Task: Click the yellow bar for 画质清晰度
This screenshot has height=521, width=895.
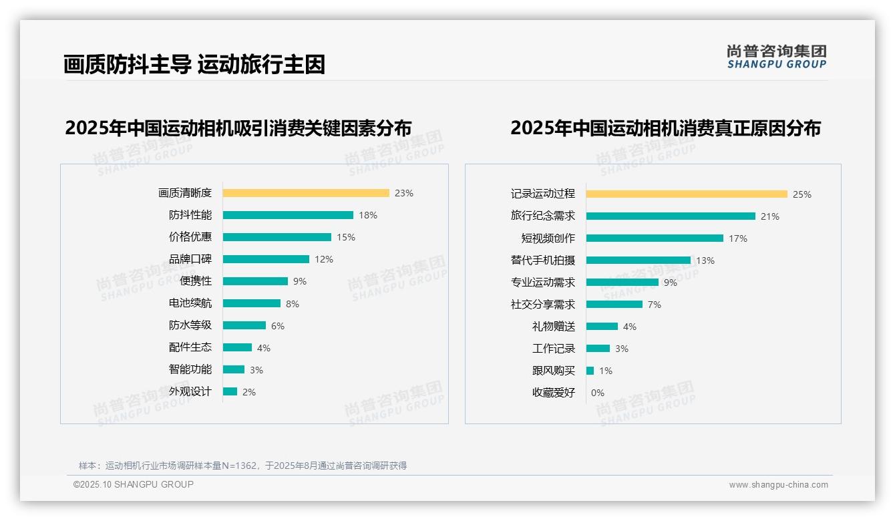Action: (x=306, y=193)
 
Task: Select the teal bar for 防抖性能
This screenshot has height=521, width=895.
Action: (x=288, y=215)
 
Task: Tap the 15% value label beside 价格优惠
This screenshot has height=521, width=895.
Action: (x=346, y=237)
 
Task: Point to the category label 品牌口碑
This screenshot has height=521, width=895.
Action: (x=190, y=259)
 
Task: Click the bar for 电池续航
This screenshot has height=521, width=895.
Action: (x=252, y=303)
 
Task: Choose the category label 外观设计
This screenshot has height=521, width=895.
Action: (x=190, y=391)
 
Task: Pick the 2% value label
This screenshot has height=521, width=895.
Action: (x=249, y=392)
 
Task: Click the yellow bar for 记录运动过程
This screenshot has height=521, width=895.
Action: (x=687, y=194)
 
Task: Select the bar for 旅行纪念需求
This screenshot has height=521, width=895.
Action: (x=671, y=216)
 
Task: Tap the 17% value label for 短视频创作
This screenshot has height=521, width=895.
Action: (x=738, y=238)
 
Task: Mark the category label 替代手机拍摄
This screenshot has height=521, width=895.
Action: (x=542, y=260)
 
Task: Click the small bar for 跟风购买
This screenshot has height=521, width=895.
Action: (x=590, y=371)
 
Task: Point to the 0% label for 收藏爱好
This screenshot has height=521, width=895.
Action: (x=598, y=393)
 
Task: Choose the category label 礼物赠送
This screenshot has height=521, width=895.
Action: (x=553, y=327)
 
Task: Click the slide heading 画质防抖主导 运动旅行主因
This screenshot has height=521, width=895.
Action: (x=194, y=64)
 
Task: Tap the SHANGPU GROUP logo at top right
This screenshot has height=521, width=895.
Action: (x=777, y=56)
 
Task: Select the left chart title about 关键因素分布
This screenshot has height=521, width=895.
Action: (x=238, y=128)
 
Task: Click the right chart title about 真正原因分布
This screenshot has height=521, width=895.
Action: (x=665, y=128)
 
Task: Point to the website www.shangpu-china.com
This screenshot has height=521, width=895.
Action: (x=778, y=485)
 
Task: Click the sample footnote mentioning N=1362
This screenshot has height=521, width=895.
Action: (x=242, y=466)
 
